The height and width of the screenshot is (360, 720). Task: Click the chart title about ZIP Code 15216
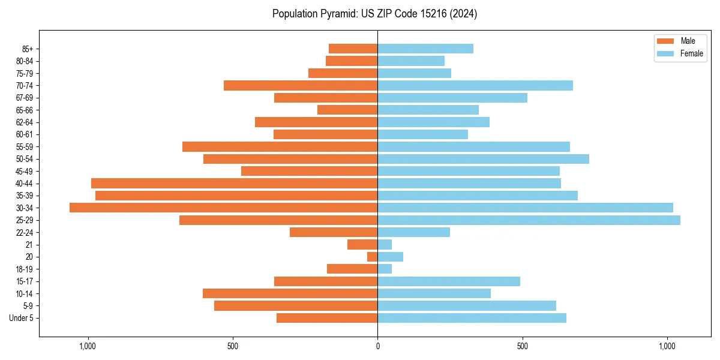(x=374, y=14)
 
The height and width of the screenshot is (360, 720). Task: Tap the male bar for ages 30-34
(x=223, y=208)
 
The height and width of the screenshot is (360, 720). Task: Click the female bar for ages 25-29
(x=529, y=220)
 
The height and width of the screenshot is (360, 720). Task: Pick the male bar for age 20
(x=373, y=257)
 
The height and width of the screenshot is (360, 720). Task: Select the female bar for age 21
(x=385, y=245)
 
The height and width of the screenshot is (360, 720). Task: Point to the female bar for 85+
(x=425, y=49)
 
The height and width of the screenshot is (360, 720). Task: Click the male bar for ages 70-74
(x=301, y=85)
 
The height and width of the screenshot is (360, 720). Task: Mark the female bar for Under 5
(x=472, y=318)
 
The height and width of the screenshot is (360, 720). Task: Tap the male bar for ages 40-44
(x=234, y=183)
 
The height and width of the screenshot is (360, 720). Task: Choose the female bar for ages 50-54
(x=483, y=159)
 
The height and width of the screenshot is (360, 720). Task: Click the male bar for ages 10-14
(x=290, y=293)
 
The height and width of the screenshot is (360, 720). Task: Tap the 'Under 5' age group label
(x=21, y=318)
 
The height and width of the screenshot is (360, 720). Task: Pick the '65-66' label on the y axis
(x=24, y=110)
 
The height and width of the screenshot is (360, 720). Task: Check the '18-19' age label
(x=24, y=269)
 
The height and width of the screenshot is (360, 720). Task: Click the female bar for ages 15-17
(x=449, y=281)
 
